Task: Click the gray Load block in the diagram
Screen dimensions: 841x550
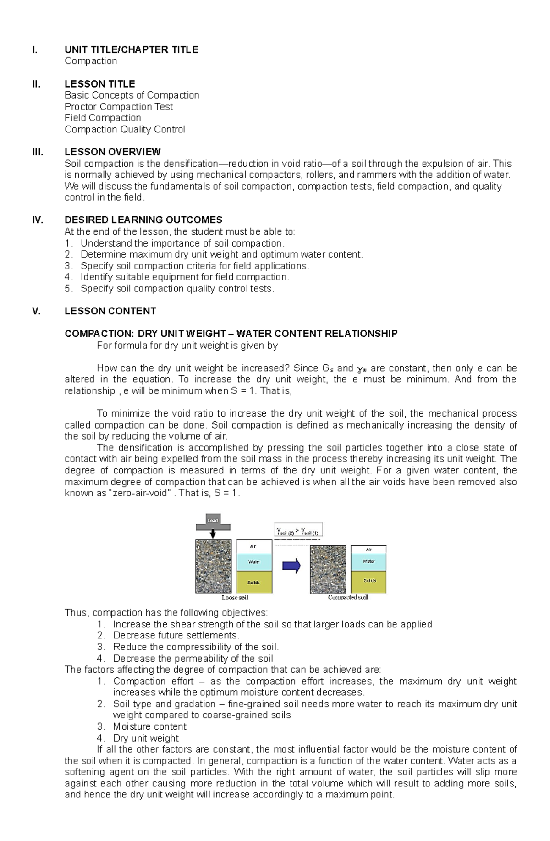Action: (x=213, y=520)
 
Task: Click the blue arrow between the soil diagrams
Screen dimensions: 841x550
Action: (x=291, y=566)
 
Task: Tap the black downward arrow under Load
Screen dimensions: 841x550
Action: (x=213, y=533)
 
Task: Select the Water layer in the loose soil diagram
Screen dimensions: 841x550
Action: (x=254, y=562)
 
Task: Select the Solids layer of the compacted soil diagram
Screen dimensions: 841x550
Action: (x=369, y=581)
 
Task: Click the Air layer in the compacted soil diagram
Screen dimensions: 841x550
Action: (x=369, y=550)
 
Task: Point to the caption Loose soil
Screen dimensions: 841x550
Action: (x=235, y=598)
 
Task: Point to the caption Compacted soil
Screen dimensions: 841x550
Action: (x=348, y=598)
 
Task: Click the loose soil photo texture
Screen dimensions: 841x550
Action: (x=213, y=566)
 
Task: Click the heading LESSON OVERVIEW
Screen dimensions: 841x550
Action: (x=112, y=152)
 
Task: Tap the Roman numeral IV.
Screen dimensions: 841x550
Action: (x=38, y=220)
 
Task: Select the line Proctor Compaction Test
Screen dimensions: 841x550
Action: (x=119, y=107)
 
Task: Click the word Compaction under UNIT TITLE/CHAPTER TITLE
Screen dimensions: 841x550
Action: (x=91, y=61)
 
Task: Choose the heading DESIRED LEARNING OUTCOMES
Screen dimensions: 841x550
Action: (x=143, y=220)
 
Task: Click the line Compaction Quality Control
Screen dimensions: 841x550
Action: (x=125, y=129)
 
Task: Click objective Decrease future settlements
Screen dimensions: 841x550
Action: (x=176, y=635)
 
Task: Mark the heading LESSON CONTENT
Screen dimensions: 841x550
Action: (x=110, y=311)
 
